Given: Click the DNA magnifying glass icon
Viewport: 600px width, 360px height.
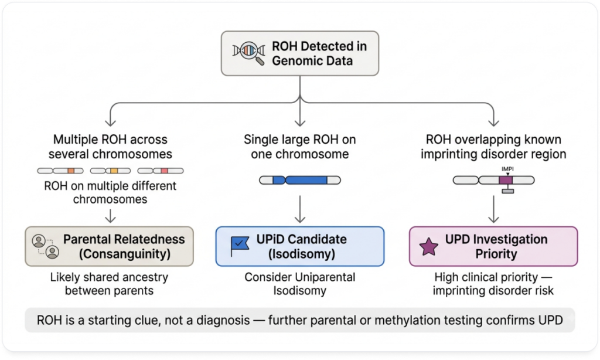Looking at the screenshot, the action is (x=248, y=53).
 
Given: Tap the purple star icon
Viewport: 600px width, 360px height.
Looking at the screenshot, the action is (x=428, y=246).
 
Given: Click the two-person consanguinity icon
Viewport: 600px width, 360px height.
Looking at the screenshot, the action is (x=46, y=246).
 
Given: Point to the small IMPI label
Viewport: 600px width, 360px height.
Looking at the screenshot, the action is (x=507, y=169).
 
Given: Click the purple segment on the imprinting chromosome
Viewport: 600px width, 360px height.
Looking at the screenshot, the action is (x=506, y=180).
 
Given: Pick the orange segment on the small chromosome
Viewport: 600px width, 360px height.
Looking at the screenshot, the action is (x=71, y=171).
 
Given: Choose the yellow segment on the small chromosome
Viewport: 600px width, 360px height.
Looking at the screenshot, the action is (x=114, y=171).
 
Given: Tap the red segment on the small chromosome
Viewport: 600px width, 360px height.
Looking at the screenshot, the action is (x=164, y=171).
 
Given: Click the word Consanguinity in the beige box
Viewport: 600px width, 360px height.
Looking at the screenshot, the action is (x=125, y=254).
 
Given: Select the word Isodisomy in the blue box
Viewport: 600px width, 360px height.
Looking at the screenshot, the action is (x=302, y=254).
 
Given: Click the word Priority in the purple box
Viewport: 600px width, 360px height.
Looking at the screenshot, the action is (x=496, y=254).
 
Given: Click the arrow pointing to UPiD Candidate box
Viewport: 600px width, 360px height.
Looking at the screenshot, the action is (x=300, y=209).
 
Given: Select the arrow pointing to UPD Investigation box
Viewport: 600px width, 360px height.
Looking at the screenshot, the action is (x=493, y=209).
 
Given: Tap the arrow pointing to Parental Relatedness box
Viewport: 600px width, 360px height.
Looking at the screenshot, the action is (x=110, y=216).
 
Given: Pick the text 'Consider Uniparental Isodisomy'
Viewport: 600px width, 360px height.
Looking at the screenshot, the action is (x=300, y=284).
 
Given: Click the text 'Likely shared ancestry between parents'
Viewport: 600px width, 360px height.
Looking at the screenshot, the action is (x=109, y=284).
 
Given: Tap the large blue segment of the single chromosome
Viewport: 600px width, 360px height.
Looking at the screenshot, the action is (x=306, y=180).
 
